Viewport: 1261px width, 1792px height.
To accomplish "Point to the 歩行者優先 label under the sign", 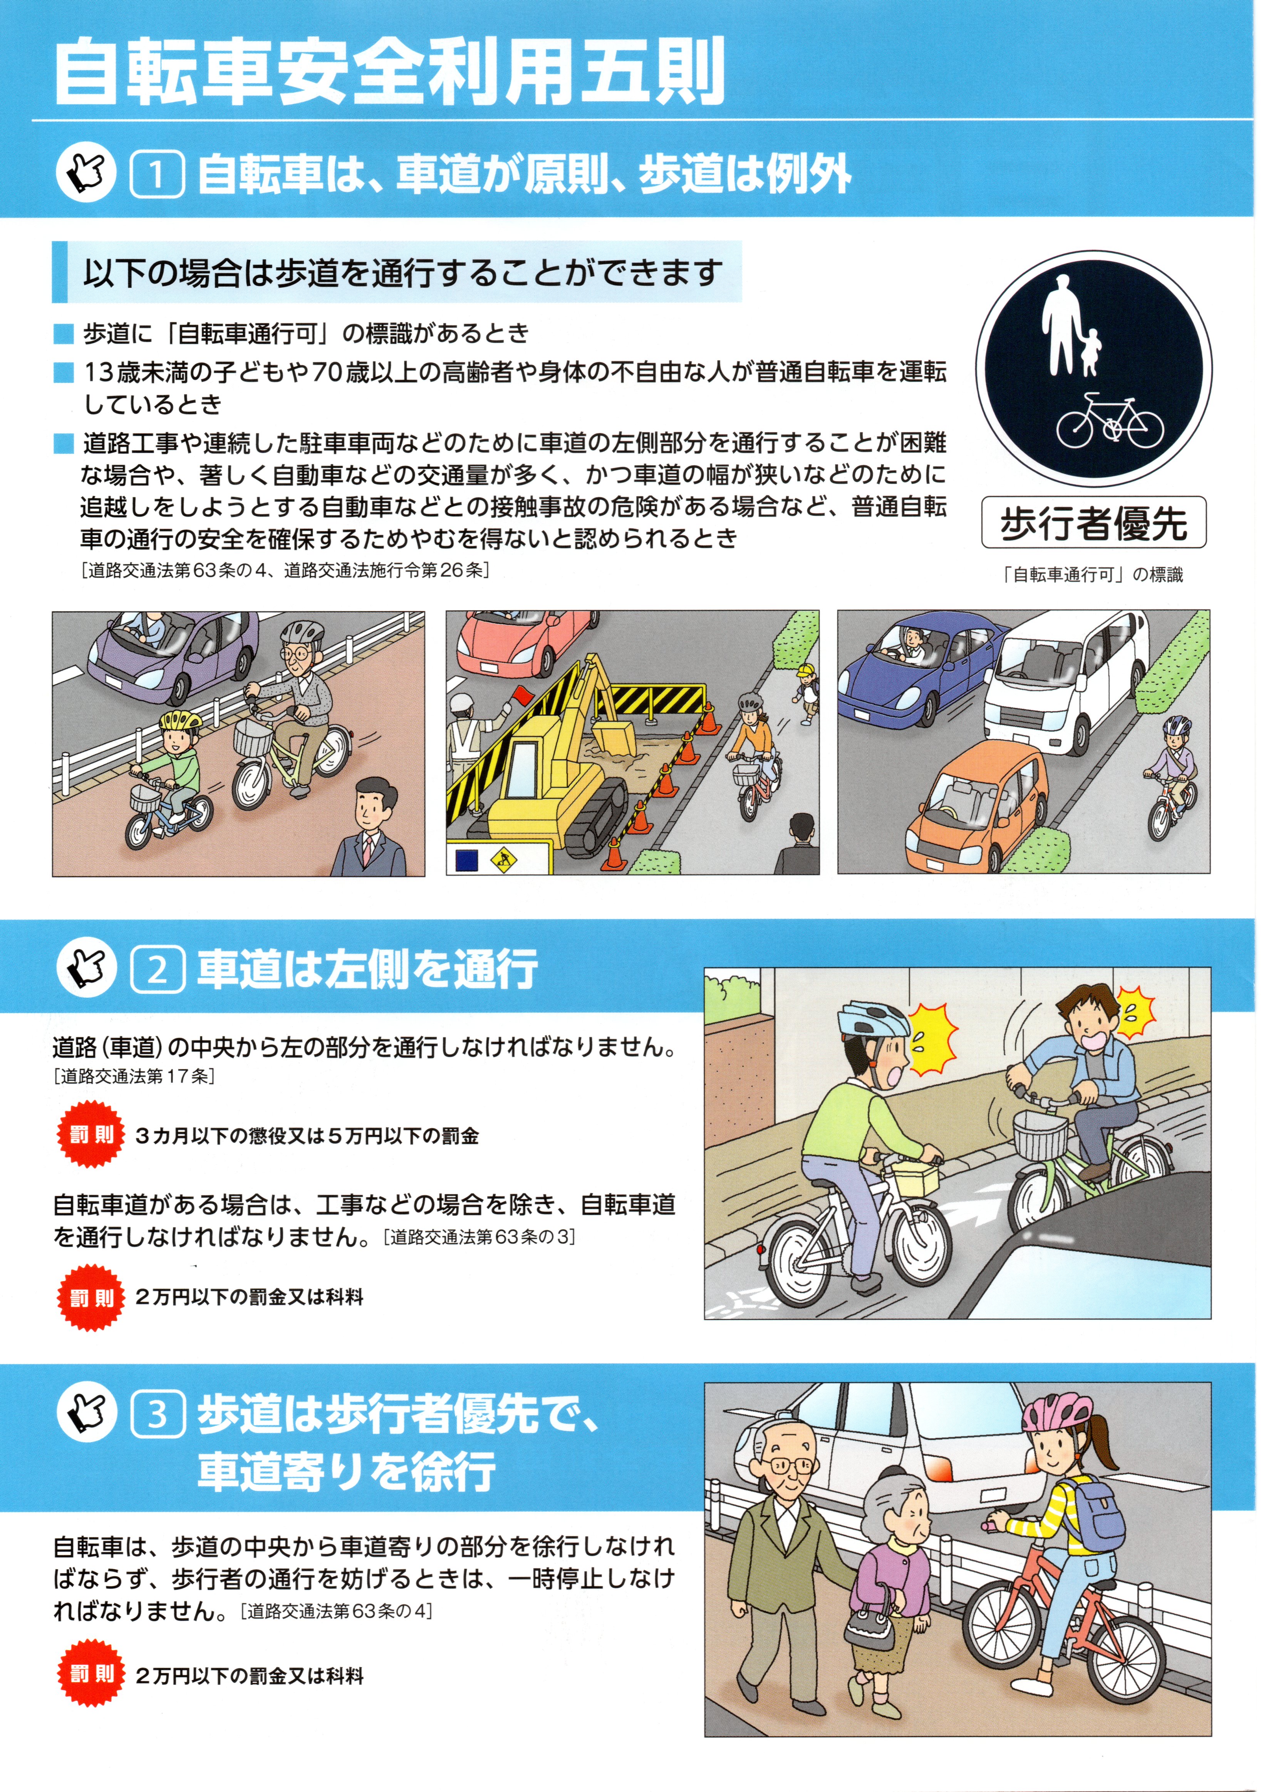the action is click(x=1093, y=523).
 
